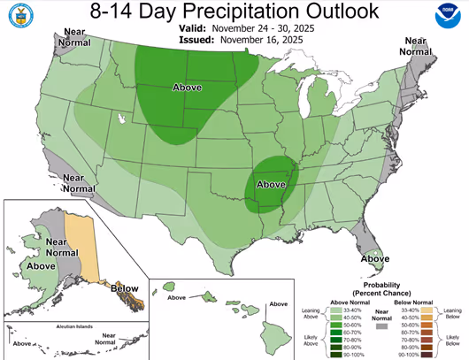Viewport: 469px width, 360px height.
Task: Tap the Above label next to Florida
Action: click(x=375, y=258)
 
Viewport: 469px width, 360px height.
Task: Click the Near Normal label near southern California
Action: click(x=80, y=183)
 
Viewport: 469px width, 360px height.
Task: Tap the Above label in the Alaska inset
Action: click(x=42, y=264)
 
